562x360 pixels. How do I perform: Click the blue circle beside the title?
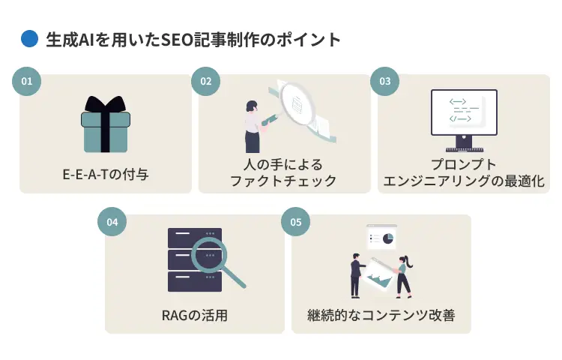[28, 38]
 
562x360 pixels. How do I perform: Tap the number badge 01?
[25, 81]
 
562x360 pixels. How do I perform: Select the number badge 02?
[205, 81]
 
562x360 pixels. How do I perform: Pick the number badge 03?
[384, 81]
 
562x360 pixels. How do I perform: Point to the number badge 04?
[112, 222]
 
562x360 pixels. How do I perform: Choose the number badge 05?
[295, 222]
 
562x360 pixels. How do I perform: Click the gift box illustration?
[105, 124]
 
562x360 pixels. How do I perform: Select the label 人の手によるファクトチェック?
[283, 173]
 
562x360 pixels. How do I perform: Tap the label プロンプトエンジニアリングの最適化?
[464, 173]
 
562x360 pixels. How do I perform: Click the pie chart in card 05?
[388, 238]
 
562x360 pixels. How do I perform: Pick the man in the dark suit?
[356, 274]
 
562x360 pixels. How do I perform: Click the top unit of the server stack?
[194, 235]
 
